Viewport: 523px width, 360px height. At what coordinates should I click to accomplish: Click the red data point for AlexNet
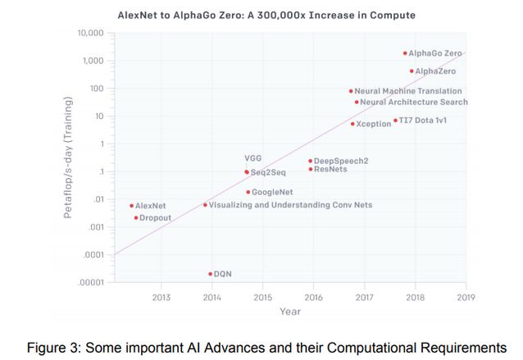tap(131, 206)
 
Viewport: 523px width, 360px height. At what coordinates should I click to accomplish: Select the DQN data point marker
tap(210, 274)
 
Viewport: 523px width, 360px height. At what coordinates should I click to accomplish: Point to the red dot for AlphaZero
tap(412, 71)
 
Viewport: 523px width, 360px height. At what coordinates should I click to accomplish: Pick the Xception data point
tap(352, 124)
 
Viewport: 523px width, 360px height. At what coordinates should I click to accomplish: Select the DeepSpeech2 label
tap(341, 161)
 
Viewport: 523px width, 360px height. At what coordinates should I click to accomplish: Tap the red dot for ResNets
tap(310, 169)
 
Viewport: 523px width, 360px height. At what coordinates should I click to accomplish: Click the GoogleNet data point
tap(248, 192)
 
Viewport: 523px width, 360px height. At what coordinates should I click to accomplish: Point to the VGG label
tap(252, 157)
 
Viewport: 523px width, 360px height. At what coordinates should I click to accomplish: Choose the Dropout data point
tap(136, 217)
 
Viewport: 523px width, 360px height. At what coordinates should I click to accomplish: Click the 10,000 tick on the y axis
tap(89, 33)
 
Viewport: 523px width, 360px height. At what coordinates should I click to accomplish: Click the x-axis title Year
tap(289, 312)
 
